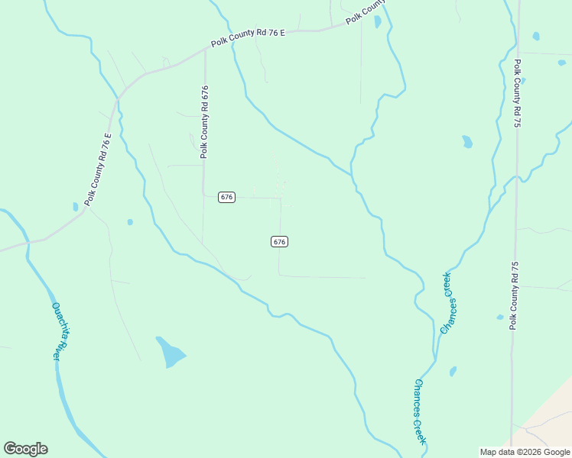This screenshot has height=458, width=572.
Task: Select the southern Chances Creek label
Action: click(x=420, y=412)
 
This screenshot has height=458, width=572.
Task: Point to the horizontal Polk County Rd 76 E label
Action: click(x=249, y=39)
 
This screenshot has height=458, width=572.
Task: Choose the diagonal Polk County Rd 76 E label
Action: click(x=98, y=169)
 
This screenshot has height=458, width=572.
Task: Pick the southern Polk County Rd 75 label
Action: click(x=515, y=294)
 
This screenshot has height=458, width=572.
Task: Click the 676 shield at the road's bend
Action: click(x=226, y=197)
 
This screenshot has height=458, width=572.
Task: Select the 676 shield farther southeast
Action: click(x=279, y=241)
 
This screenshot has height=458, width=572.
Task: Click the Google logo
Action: click(x=25, y=449)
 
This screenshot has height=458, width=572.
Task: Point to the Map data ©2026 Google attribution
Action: click(x=525, y=452)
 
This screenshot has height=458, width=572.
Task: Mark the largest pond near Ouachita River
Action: click(x=171, y=352)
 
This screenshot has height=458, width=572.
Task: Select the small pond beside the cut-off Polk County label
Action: click(x=378, y=21)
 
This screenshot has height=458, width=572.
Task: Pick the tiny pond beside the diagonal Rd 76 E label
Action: click(x=75, y=207)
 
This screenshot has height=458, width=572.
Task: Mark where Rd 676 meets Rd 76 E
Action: click(x=205, y=50)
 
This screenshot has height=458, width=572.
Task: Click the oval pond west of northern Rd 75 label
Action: click(x=467, y=141)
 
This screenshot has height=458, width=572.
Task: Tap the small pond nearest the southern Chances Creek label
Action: click(x=453, y=372)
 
